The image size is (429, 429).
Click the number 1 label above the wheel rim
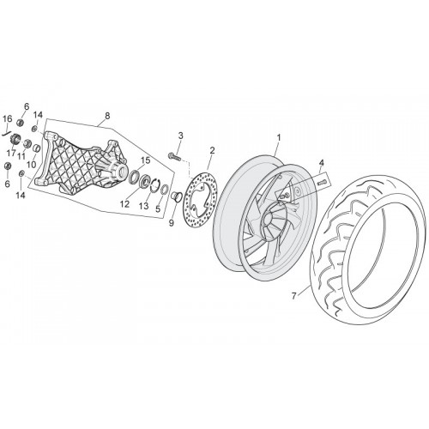click(x=279, y=137)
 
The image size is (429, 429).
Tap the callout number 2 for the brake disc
click(x=212, y=150)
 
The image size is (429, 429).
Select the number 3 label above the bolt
click(x=180, y=136)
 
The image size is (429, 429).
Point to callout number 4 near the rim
click(x=322, y=163)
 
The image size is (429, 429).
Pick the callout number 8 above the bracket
click(x=107, y=116)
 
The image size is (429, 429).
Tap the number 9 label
click(x=172, y=223)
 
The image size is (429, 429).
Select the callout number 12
click(x=124, y=204)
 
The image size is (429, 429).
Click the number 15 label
click(x=146, y=160)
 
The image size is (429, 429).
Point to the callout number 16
click(x=8, y=118)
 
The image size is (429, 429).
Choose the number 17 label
click(x=11, y=154)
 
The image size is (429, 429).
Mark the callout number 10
click(x=32, y=165)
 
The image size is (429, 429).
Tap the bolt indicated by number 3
click(x=173, y=156)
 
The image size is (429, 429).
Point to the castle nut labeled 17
click(x=15, y=139)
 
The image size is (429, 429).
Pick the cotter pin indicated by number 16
click(x=6, y=132)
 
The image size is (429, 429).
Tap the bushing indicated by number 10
click(x=36, y=148)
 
